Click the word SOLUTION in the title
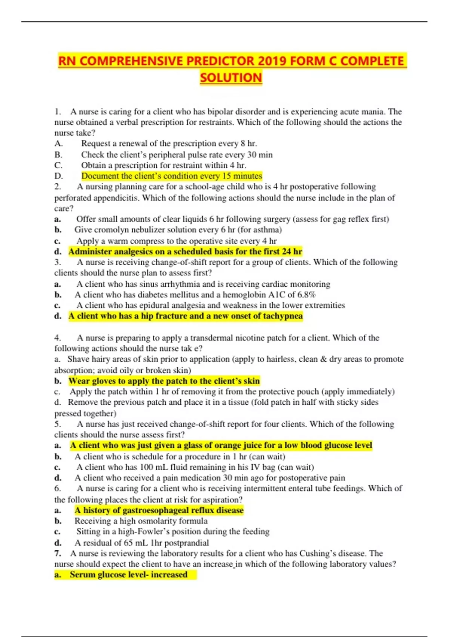point(231,78)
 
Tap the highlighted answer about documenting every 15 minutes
point(172,176)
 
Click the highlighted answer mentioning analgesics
point(185,251)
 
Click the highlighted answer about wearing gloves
point(164,381)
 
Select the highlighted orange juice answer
point(221,445)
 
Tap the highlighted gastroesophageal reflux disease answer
point(159,510)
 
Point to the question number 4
point(57,338)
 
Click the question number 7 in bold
point(57,553)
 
